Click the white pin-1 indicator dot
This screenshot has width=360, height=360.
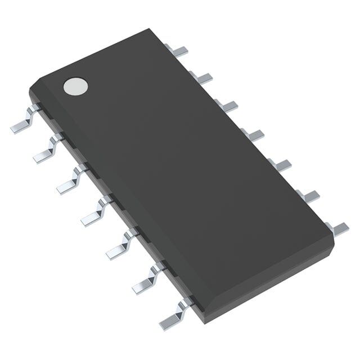[76, 85]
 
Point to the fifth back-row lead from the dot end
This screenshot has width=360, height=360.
[280, 164]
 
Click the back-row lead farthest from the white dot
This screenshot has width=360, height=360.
[337, 227]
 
